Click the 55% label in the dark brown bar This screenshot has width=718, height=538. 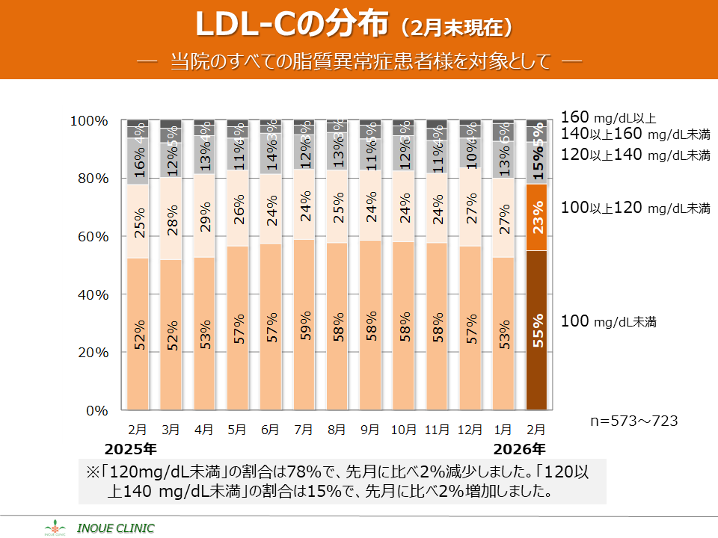pyautogui.click(x=537, y=330)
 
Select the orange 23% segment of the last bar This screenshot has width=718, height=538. pyautogui.click(x=537, y=217)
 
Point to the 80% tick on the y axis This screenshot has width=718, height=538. pyautogui.click(x=89, y=179)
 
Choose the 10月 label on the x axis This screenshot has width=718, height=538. pyautogui.click(x=403, y=430)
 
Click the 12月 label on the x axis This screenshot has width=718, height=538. pyautogui.click(x=470, y=430)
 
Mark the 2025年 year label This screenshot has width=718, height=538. pyautogui.click(x=130, y=449)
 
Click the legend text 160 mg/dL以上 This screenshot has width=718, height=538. pyautogui.click(x=608, y=117)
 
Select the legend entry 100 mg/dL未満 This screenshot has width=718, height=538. pyautogui.click(x=608, y=322)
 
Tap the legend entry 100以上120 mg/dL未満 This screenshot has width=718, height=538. pyautogui.click(x=635, y=208)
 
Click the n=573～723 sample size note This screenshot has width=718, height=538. pyautogui.click(x=633, y=421)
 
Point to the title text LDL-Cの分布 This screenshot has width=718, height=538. pyautogui.click(x=292, y=25)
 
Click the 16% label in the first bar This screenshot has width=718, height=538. pyautogui.click(x=138, y=161)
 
